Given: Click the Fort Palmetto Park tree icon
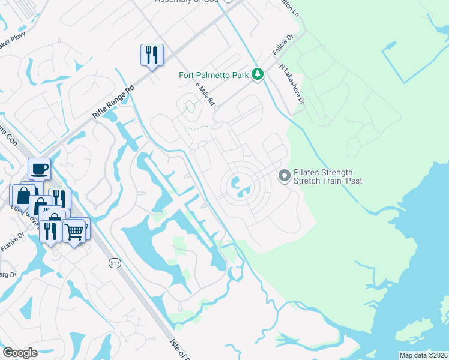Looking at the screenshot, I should [258, 74].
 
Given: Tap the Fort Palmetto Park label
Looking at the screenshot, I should [214, 75].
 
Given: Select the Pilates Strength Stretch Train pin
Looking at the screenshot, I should [284, 176].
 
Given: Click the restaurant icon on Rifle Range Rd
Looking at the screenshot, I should [151, 55].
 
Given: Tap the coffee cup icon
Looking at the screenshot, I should [39, 169].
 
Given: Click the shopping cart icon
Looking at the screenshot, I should [74, 230].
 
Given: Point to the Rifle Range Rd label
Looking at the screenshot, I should [114, 97].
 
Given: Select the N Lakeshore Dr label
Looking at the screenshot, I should [292, 82].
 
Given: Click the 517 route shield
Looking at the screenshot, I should [115, 263].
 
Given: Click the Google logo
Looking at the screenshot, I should [20, 353].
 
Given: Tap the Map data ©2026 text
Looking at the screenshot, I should [423, 355].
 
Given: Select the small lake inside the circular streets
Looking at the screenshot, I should [241, 187].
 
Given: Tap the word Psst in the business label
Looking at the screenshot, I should [354, 181].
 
